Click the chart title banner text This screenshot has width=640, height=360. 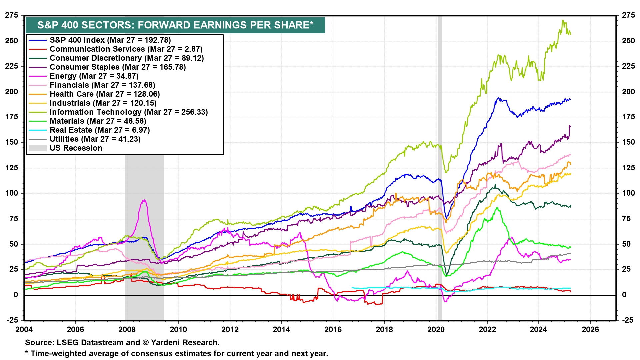175,25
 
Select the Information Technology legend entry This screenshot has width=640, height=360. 128,112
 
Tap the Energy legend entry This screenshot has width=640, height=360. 94,76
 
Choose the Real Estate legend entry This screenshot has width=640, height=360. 100,130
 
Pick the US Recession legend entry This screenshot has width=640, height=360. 76,148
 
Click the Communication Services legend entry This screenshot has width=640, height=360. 126,49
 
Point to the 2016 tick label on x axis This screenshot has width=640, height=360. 333,330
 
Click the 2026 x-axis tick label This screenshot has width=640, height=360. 590,330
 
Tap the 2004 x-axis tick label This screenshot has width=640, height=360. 24,330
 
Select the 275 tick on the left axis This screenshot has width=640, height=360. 12,15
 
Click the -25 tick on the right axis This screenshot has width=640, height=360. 628,320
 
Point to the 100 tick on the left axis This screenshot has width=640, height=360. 12,193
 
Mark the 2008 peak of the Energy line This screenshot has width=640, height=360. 144,200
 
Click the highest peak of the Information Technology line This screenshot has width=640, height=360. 563,20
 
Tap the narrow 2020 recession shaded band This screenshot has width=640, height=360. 440,167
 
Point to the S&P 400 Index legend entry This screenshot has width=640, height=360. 110,40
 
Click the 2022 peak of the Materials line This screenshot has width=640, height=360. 497,208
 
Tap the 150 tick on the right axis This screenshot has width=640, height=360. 628,142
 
